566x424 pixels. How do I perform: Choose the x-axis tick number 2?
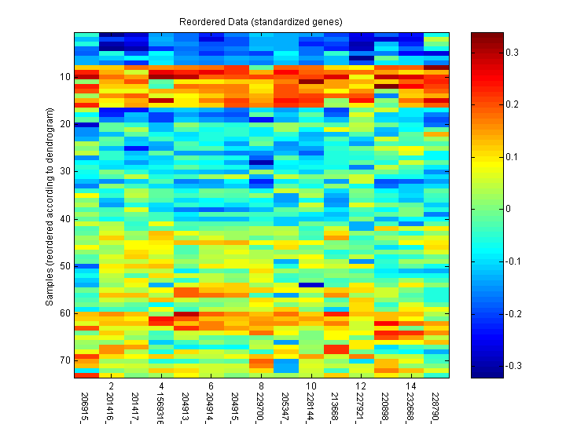112,387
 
